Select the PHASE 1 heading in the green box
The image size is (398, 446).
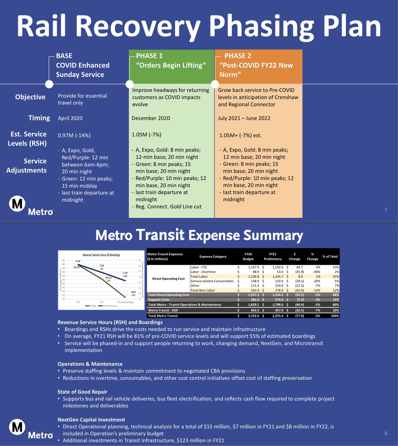click(x=150, y=56)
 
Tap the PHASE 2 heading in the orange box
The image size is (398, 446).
click(x=238, y=56)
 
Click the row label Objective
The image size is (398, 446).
click(x=30, y=97)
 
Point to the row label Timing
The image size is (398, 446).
click(x=39, y=118)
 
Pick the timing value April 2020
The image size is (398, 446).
click(x=70, y=118)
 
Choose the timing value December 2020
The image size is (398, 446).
click(x=151, y=118)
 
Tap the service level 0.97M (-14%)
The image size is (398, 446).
click(x=74, y=136)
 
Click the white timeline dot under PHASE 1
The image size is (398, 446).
click(x=129, y=84)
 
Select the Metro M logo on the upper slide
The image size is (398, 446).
click(x=17, y=204)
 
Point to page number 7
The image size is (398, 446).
click(x=386, y=210)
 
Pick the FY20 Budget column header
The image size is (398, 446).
click(x=248, y=256)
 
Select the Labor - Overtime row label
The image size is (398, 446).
click(x=206, y=272)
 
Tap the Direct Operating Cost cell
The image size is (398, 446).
click(x=168, y=279)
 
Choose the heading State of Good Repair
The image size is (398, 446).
click(x=82, y=392)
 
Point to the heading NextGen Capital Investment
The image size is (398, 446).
click(x=91, y=420)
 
